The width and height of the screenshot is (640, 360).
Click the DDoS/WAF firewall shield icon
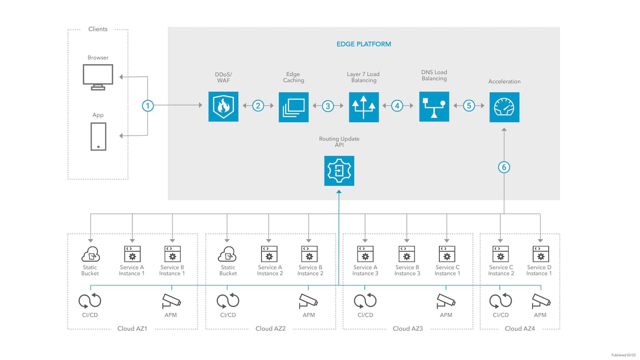click(x=224, y=107)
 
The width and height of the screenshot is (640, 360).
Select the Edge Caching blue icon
click(x=294, y=107)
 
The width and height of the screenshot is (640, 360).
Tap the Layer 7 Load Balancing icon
click(x=364, y=107)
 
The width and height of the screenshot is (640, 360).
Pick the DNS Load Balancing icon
click(x=434, y=107)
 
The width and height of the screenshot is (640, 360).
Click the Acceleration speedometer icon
click(x=504, y=107)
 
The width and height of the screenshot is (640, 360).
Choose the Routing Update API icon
click(x=339, y=171)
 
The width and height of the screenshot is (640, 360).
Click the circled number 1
click(x=148, y=106)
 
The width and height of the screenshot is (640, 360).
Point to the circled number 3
click(x=328, y=106)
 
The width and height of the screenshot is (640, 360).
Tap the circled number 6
click(x=504, y=167)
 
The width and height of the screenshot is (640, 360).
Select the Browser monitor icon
click(x=98, y=77)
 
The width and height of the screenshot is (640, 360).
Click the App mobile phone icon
click(x=98, y=136)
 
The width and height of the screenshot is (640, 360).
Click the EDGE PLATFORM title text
click(x=364, y=44)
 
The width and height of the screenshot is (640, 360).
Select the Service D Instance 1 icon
click(x=540, y=254)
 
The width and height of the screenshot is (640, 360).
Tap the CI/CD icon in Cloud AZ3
click(x=365, y=301)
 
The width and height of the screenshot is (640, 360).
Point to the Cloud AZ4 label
click(x=520, y=328)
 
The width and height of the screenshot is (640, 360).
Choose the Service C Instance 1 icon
click(x=447, y=254)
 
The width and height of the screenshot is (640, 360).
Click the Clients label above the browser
click(x=98, y=29)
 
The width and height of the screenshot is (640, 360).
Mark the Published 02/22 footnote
click(x=624, y=355)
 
